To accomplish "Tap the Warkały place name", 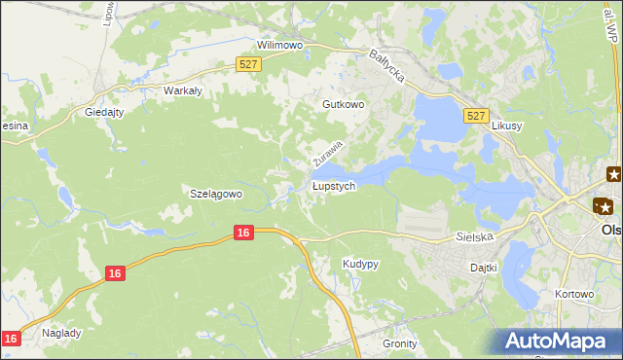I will [x=182, y=90].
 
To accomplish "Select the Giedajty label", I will [x=105, y=111].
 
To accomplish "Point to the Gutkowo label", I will [x=343, y=104].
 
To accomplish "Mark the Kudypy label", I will [x=360, y=264].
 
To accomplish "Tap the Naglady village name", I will [x=61, y=333].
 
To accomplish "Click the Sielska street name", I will [x=475, y=236].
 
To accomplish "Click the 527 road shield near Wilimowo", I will [x=248, y=64].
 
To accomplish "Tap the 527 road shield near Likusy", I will [x=476, y=116].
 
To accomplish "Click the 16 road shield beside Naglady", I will [x=11, y=338].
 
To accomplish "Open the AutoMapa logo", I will [x=560, y=342].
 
